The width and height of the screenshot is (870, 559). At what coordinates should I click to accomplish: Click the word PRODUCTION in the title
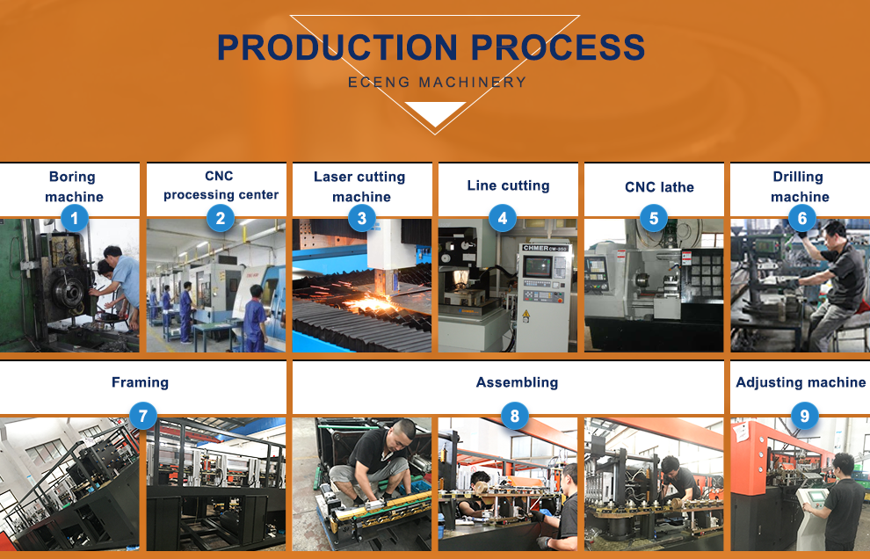pos(338,47)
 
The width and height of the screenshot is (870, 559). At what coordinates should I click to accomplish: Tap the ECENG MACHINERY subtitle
pos(437,83)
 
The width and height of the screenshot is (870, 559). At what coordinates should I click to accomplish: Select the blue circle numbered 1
pos(75,217)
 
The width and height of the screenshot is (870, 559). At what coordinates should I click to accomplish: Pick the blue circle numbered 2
pos(221,217)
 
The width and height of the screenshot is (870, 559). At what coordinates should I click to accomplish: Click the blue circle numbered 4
pos(502,217)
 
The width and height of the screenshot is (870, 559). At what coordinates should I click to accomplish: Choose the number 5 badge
pos(653,217)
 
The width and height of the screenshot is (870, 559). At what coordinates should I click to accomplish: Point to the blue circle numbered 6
pos(801,217)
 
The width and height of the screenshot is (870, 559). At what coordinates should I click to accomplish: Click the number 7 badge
pos(142,416)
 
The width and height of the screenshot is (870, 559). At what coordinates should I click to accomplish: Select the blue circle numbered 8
pos(515,416)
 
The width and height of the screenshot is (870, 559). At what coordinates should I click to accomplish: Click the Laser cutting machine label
pos(360,186)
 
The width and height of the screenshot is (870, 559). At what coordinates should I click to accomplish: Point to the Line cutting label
pos(508,185)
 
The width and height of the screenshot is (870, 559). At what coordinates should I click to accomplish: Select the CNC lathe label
pos(659,187)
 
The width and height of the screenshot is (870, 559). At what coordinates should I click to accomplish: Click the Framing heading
pos(140,382)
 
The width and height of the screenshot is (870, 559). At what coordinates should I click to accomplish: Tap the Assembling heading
pos(517,382)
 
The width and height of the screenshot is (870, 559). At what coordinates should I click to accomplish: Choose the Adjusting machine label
pos(800,382)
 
